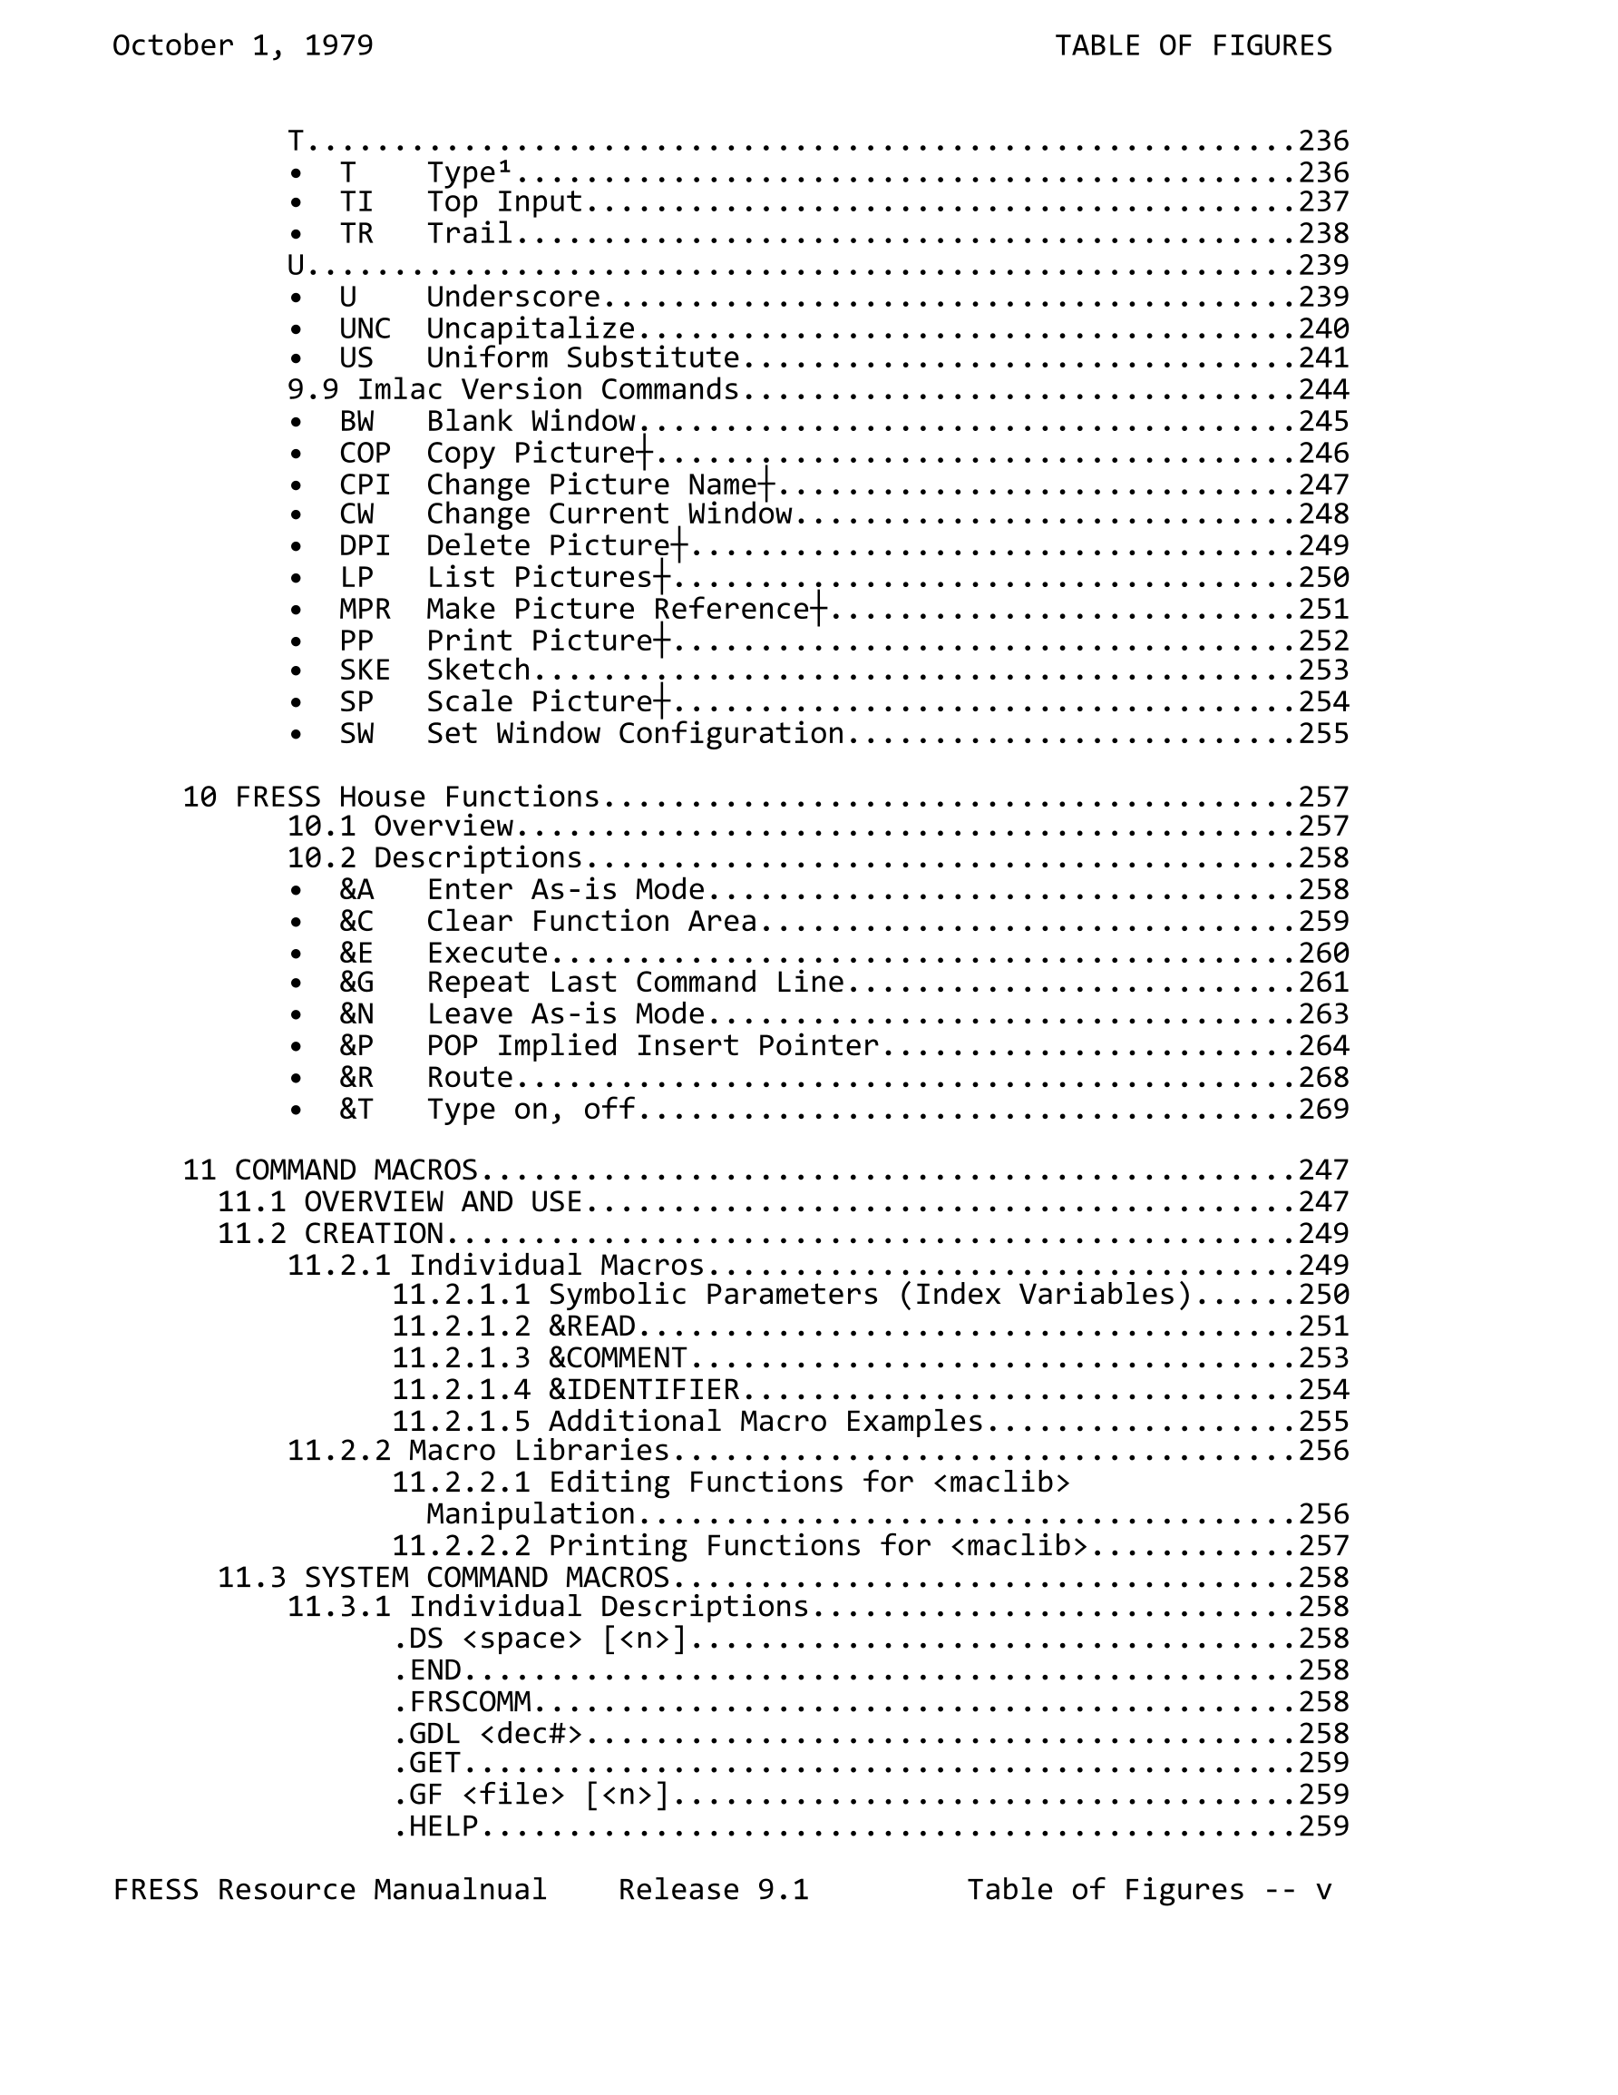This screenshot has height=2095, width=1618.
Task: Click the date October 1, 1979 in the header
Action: [243, 45]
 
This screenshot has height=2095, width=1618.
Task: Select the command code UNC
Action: [365, 328]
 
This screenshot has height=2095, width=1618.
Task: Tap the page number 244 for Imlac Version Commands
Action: [1322, 389]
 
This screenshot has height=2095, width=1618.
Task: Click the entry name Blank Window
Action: [531, 421]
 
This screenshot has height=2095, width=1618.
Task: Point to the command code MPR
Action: [365, 609]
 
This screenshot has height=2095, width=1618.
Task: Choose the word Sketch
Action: [478, 670]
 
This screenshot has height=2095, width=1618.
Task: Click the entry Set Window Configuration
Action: [635, 734]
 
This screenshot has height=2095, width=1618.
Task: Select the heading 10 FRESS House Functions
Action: [390, 798]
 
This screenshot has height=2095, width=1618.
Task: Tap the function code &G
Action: [356, 983]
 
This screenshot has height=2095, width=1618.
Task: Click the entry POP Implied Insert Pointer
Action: [652, 1045]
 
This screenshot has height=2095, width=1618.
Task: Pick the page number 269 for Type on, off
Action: [1322, 1109]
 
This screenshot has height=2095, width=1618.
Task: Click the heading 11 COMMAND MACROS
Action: [330, 1170]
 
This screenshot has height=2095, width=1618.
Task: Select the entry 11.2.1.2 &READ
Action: [513, 1327]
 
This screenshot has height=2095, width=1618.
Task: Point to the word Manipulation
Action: [531, 1513]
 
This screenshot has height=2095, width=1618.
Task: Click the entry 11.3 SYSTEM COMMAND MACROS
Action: [443, 1577]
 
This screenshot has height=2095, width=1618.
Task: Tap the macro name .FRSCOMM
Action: [463, 1702]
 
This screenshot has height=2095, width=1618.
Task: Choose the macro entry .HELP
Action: [436, 1826]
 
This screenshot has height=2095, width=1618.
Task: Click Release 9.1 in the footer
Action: [713, 1890]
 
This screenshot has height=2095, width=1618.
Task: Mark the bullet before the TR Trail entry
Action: [297, 234]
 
